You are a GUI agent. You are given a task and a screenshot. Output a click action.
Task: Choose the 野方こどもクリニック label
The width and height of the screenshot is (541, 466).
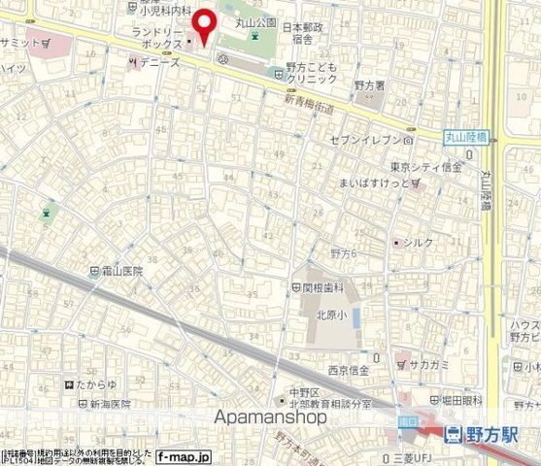coord(312,75)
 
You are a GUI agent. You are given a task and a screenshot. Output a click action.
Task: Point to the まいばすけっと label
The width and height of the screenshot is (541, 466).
coord(375,183)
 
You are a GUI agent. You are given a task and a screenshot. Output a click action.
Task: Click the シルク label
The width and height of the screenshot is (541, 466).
coord(418,241)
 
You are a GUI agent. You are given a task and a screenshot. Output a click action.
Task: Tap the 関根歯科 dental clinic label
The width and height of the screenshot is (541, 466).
coord(324,287)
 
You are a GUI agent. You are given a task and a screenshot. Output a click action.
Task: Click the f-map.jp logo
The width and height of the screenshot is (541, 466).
coord(185,455)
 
